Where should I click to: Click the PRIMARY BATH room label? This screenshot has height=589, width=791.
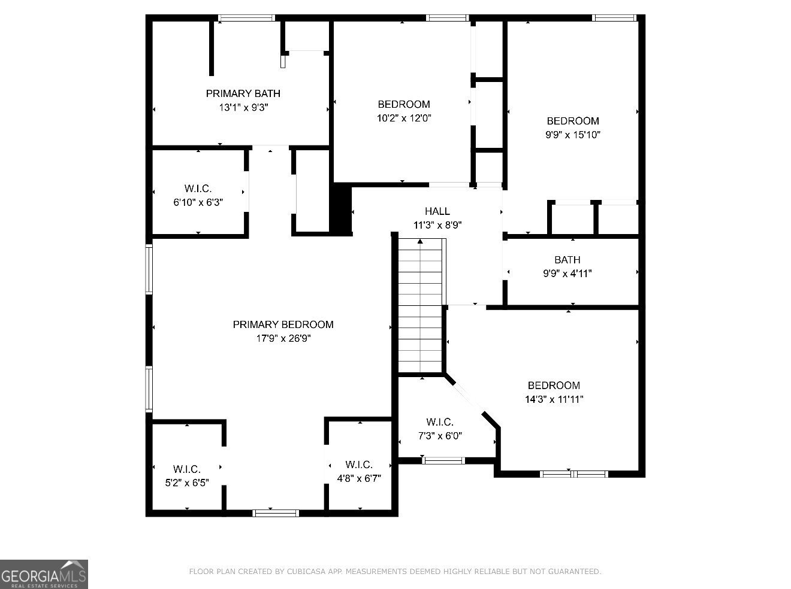243,93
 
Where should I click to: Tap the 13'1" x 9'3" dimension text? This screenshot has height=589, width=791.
243,108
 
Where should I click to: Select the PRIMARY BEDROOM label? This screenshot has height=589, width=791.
283,324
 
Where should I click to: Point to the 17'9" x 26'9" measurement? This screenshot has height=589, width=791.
283,339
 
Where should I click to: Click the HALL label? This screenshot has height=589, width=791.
437,211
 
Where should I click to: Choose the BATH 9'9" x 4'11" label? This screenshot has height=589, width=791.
567,266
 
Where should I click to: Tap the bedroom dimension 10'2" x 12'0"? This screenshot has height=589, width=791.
403,119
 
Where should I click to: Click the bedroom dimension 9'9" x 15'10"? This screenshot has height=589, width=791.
572,135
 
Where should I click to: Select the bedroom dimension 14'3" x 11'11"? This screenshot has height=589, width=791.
554,400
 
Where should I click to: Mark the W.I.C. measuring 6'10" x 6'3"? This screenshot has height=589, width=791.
198,196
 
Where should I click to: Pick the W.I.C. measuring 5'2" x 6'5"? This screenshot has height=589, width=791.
186,476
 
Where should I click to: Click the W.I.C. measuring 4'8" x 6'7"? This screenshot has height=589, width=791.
359,471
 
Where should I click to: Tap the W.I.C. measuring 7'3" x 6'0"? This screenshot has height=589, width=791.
439,429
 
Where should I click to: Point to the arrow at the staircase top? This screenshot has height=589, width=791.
420,241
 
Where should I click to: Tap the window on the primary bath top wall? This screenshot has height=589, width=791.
246,18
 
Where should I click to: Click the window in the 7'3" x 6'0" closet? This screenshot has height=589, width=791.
443,460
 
